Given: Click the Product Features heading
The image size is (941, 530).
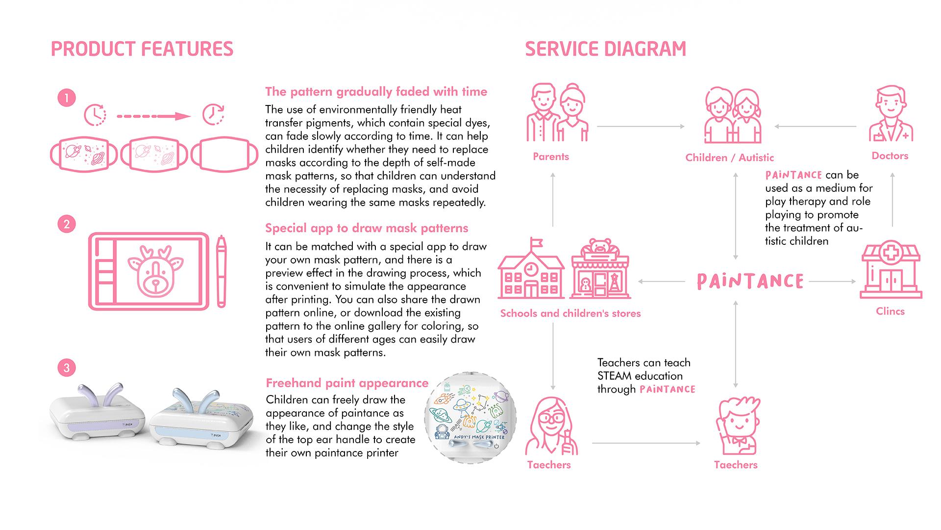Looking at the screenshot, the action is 142,49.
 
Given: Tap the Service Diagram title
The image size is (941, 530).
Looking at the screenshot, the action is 605,49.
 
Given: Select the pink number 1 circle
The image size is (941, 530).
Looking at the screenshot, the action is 67,98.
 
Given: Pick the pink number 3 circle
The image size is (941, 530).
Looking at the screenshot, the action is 67,368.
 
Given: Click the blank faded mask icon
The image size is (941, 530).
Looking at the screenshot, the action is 224,155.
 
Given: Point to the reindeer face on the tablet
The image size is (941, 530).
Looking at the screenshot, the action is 156,271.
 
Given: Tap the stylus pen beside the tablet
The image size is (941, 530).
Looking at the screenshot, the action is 222,271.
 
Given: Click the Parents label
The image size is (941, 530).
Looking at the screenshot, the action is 551,157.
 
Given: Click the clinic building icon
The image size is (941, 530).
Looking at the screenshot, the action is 891,269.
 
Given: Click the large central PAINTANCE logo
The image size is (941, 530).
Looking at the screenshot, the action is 750,281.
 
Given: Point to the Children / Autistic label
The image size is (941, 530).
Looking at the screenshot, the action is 730,158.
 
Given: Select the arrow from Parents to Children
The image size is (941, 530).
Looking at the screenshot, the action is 641,127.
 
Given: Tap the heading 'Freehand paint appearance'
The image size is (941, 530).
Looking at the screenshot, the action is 347,383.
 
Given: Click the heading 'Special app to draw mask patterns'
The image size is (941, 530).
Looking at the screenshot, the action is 367,228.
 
